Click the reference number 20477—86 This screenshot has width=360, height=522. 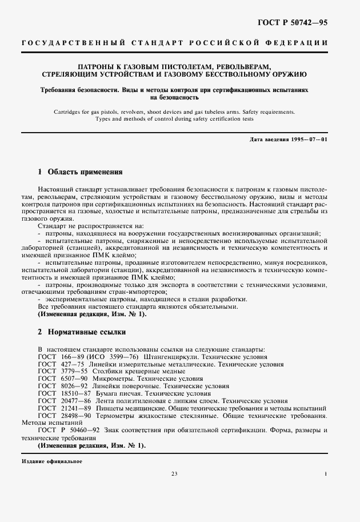(71, 401)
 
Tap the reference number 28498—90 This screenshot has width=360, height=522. (71, 416)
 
